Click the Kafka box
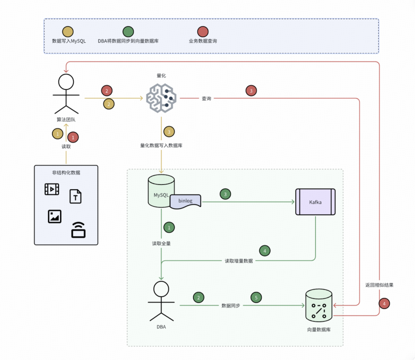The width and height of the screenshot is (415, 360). [315, 202]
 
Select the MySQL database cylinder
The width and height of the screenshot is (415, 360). [161, 191]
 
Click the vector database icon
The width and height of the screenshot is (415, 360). [319, 307]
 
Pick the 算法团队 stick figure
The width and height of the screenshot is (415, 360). [66, 94]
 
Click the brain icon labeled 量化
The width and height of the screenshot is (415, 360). [161, 98]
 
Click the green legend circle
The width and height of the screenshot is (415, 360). [128, 32]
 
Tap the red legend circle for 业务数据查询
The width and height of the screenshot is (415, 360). [203, 32]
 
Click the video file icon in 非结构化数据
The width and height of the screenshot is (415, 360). [52, 189]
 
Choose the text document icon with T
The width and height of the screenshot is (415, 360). [76, 196]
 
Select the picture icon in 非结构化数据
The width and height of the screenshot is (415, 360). [55, 216]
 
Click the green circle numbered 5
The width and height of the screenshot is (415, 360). [256, 297]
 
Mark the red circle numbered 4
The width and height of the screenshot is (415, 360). [384, 304]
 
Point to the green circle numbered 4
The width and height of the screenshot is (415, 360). [265, 251]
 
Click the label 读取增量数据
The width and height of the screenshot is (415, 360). [239, 261]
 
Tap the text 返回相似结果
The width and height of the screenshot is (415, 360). [379, 285]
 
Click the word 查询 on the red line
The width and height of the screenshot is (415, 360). [206, 99]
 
